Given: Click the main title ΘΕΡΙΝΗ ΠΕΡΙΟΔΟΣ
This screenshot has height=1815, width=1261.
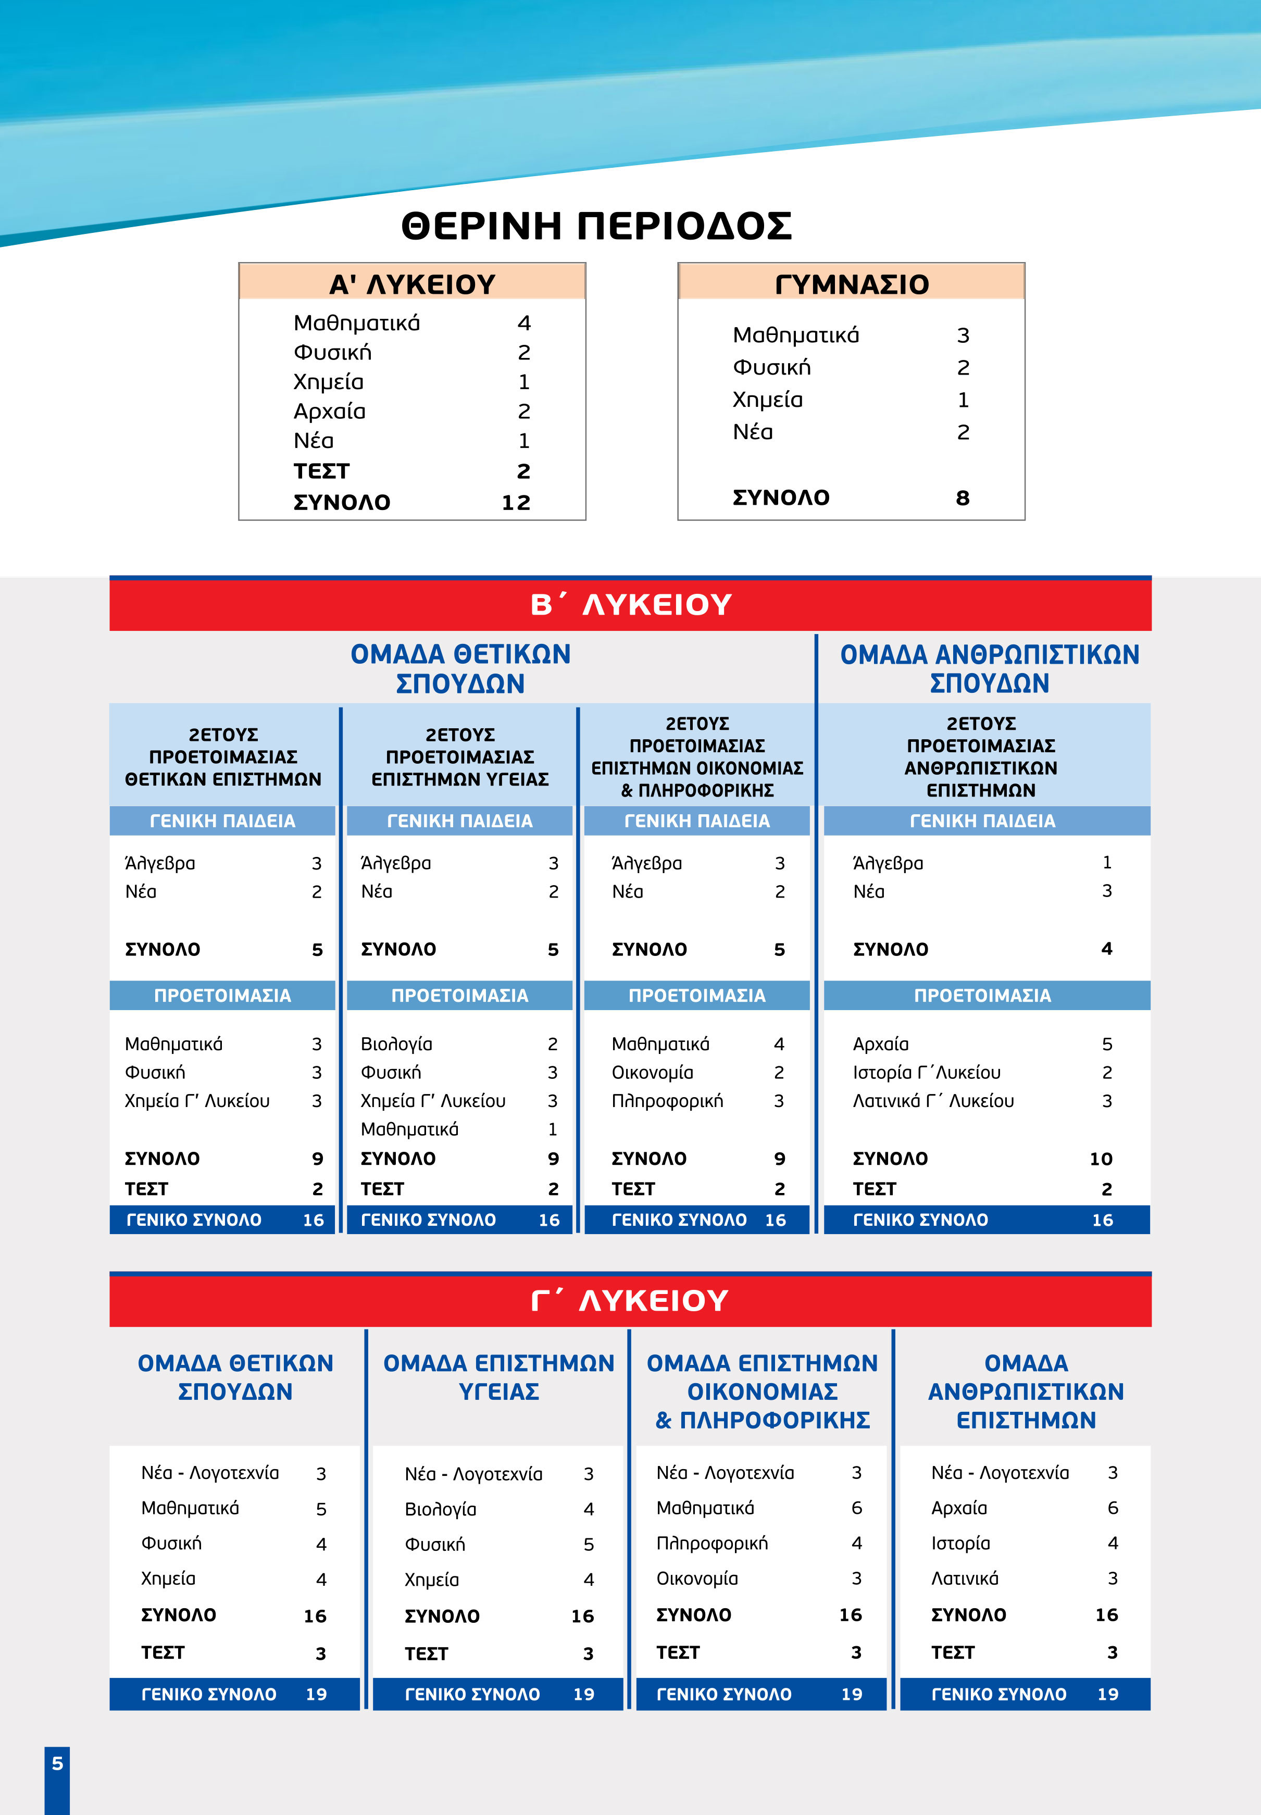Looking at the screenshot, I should (x=596, y=226).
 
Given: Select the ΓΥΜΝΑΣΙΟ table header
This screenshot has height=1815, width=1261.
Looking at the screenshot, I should (x=851, y=284).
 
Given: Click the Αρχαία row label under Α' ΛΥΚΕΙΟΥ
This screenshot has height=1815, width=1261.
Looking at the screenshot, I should (x=330, y=411).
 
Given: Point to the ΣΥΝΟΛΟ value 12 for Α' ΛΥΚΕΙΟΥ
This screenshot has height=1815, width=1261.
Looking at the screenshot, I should (x=516, y=503).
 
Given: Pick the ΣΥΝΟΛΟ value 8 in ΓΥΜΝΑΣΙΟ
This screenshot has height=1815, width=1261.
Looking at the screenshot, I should (x=963, y=498).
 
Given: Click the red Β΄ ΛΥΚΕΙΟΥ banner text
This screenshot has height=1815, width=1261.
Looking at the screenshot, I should (x=630, y=604).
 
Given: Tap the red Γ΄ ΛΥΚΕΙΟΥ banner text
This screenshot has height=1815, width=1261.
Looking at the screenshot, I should (x=630, y=1300).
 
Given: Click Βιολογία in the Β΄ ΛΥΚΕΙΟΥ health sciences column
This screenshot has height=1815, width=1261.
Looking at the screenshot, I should (x=396, y=1044).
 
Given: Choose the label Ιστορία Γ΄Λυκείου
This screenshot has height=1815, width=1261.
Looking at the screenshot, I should (x=926, y=1072).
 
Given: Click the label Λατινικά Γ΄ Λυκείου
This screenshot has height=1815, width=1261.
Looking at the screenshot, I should (x=933, y=1101).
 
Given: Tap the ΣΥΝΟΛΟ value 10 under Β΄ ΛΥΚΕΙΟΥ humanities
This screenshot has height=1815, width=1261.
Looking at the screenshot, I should (x=1101, y=1159).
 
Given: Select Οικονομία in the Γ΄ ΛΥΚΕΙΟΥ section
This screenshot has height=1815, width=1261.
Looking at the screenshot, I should (x=697, y=1578).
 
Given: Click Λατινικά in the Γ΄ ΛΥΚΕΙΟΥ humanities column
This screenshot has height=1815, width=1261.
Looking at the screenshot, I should (x=965, y=1578).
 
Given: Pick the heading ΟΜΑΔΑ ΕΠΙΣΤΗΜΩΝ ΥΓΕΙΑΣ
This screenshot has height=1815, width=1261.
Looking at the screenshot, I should (x=498, y=1377).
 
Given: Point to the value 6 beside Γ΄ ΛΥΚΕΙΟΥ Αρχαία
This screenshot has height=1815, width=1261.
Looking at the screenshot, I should (x=1113, y=1508).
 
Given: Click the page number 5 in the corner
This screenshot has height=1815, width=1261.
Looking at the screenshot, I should (x=57, y=1763).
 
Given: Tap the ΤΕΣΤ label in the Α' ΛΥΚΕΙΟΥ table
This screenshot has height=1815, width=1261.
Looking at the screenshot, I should (x=321, y=472).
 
